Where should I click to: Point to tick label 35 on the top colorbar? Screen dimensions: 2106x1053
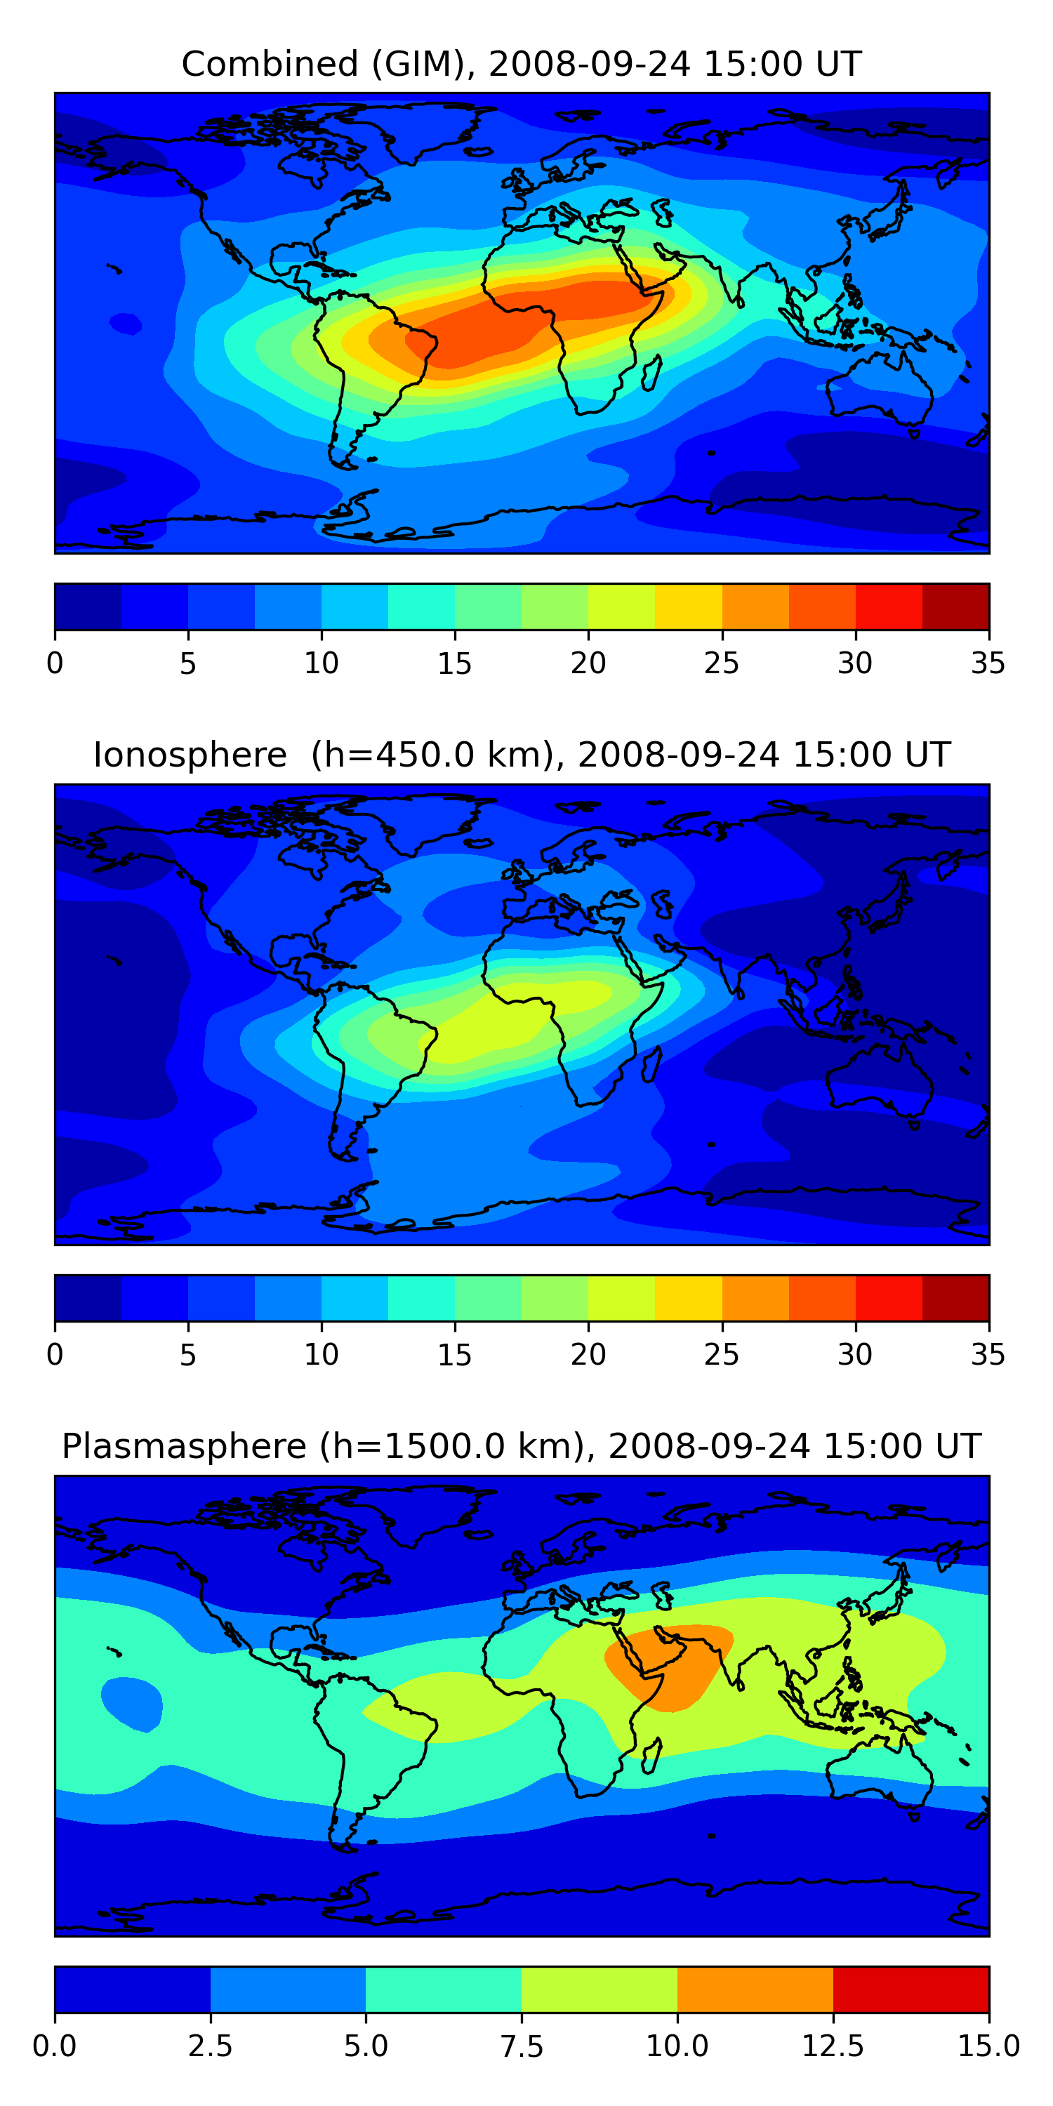[988, 663]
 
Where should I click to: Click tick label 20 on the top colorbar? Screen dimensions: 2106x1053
[588, 663]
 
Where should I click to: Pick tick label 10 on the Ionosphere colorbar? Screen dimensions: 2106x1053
[322, 1354]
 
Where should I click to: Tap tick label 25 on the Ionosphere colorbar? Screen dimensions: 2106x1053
[721, 1354]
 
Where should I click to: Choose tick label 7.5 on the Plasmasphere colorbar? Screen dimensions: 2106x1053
[522, 2046]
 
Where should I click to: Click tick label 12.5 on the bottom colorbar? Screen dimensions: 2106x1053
[833, 2046]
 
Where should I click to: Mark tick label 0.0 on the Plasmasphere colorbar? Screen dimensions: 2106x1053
[55, 2046]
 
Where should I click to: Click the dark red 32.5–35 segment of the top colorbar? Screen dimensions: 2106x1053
[955, 607]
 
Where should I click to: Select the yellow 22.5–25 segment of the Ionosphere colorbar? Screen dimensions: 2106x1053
[689, 1297]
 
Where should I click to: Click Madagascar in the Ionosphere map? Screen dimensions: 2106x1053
[651, 1064]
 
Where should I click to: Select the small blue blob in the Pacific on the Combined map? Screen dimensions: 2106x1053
[125, 324]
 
